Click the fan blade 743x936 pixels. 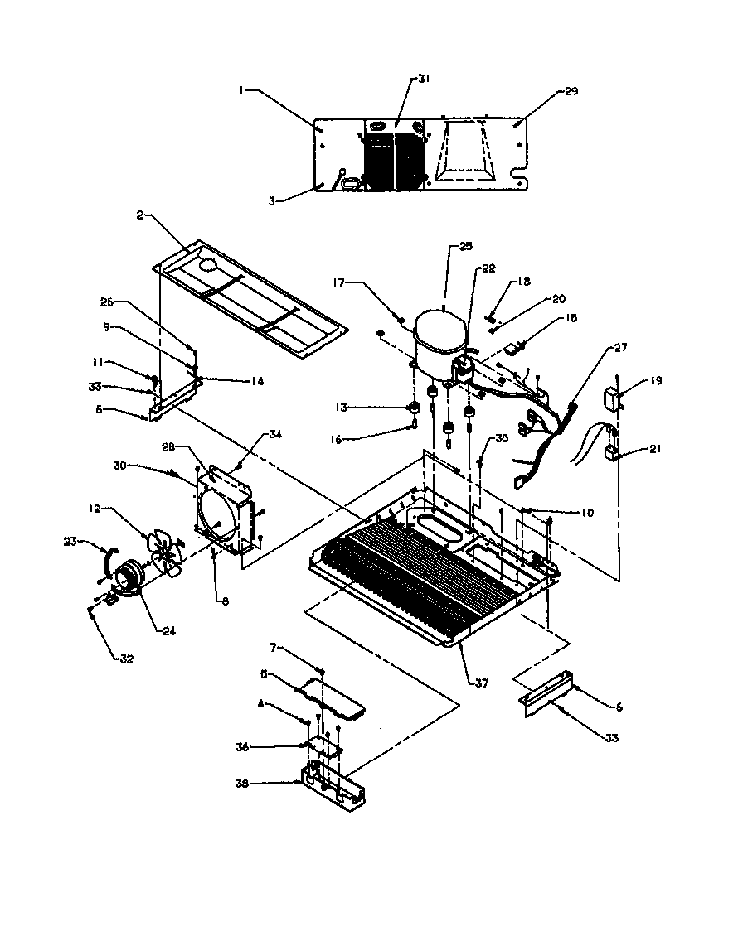[x=166, y=552]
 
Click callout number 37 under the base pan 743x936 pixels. [x=481, y=683]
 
